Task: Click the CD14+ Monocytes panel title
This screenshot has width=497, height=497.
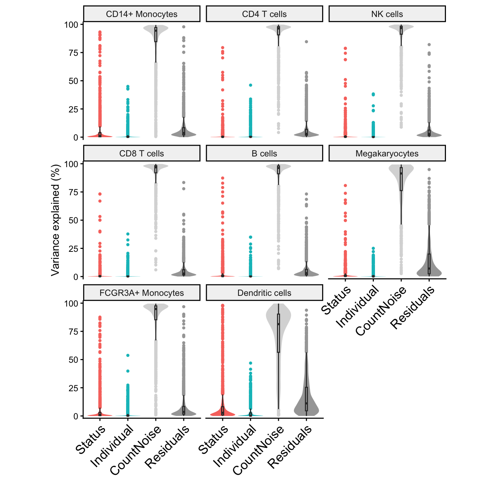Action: point(142,14)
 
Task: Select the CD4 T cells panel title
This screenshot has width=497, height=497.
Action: point(264,14)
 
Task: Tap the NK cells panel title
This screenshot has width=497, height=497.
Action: point(387,14)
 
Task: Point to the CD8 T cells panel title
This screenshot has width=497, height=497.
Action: point(142,153)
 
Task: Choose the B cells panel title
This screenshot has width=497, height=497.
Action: point(264,153)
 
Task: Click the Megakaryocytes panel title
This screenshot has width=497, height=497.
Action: point(387,153)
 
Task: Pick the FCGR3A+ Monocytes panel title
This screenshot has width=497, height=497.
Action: point(142,293)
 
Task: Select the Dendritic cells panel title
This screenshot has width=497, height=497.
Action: point(264,293)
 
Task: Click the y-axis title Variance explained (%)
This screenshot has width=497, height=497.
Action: point(55,220)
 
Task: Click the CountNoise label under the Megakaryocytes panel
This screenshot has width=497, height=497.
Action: point(381,311)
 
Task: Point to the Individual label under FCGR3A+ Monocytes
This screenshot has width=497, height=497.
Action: point(112,446)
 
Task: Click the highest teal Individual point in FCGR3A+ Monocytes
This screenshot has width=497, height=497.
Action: point(128,355)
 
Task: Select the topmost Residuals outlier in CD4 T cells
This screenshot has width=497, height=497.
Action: point(306,42)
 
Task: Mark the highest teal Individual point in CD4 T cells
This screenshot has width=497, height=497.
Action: point(250,85)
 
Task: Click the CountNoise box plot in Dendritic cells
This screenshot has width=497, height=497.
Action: point(278,333)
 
